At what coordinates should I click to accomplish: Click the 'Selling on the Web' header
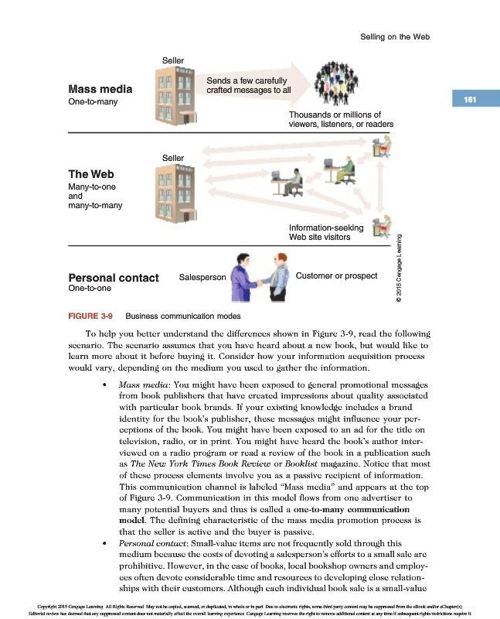(x=395, y=36)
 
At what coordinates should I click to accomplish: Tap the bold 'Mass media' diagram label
(x=100, y=89)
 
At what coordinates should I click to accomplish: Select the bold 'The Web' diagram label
(x=91, y=174)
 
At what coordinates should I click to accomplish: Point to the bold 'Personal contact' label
(x=114, y=277)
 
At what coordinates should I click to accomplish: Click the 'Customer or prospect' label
(x=336, y=275)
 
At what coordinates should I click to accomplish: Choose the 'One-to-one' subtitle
(x=90, y=289)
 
